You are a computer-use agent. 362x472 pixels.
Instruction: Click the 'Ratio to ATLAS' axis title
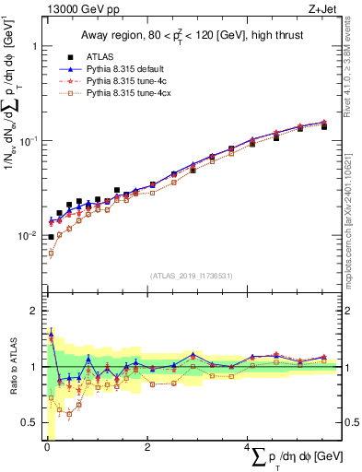(12, 367)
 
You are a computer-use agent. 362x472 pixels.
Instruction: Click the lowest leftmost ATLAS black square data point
(51, 237)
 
